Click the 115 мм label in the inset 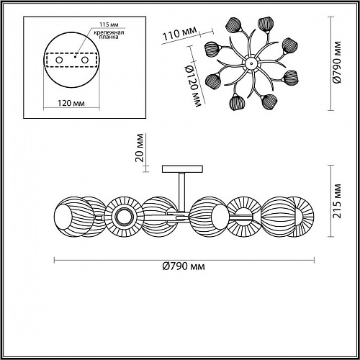coord(109,24)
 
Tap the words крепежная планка coord(109,35)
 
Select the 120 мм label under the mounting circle coord(71,103)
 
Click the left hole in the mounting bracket coord(59,60)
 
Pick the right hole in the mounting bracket coord(85,60)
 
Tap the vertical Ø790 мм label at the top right coord(337,63)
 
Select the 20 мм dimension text coord(140,148)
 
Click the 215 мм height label coord(337,201)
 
